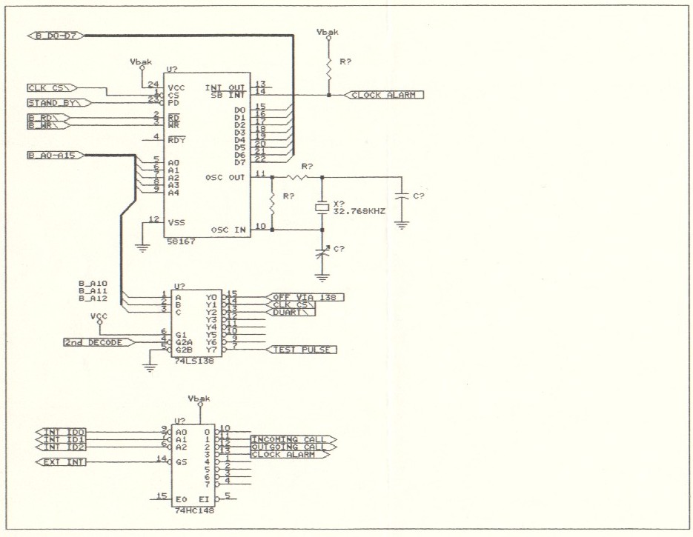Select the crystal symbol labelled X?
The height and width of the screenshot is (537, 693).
322,208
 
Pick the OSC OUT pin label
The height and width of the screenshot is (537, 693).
227,178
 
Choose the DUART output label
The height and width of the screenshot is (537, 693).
290,313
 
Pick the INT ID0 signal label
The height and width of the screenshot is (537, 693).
64,432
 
